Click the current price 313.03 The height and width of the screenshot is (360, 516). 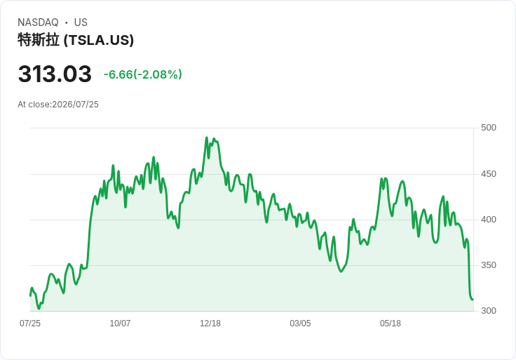pyautogui.click(x=55, y=74)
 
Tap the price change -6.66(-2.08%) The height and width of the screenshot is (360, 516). pyautogui.click(x=143, y=74)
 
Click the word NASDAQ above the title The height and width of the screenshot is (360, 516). pyautogui.click(x=38, y=22)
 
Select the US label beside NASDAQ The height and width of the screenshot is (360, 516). pyautogui.click(x=81, y=22)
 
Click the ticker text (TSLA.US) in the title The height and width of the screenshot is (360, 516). pyautogui.click(x=99, y=40)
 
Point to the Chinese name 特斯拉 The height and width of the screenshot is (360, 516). pyautogui.click(x=39, y=40)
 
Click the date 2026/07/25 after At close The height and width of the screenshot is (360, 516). pyautogui.click(x=75, y=105)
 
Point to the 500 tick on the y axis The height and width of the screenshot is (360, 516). pyautogui.click(x=489, y=128)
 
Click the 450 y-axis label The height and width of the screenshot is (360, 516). pyautogui.click(x=489, y=174)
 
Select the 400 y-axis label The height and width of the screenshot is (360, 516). pyautogui.click(x=489, y=220)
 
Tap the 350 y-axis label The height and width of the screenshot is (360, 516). pyautogui.click(x=489, y=265)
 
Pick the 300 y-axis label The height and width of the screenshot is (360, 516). pyautogui.click(x=489, y=311)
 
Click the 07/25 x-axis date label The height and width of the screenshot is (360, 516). pyautogui.click(x=30, y=324)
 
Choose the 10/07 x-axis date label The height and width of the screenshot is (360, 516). pyautogui.click(x=120, y=324)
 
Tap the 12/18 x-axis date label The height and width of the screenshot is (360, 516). pyautogui.click(x=210, y=324)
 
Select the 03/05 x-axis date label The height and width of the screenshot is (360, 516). pyautogui.click(x=300, y=324)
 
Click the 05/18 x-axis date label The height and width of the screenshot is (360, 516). pyautogui.click(x=391, y=324)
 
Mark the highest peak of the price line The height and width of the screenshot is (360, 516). pyautogui.click(x=207, y=138)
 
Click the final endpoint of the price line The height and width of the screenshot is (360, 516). pyautogui.click(x=473, y=300)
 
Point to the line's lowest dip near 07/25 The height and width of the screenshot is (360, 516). pyautogui.click(x=39, y=309)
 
